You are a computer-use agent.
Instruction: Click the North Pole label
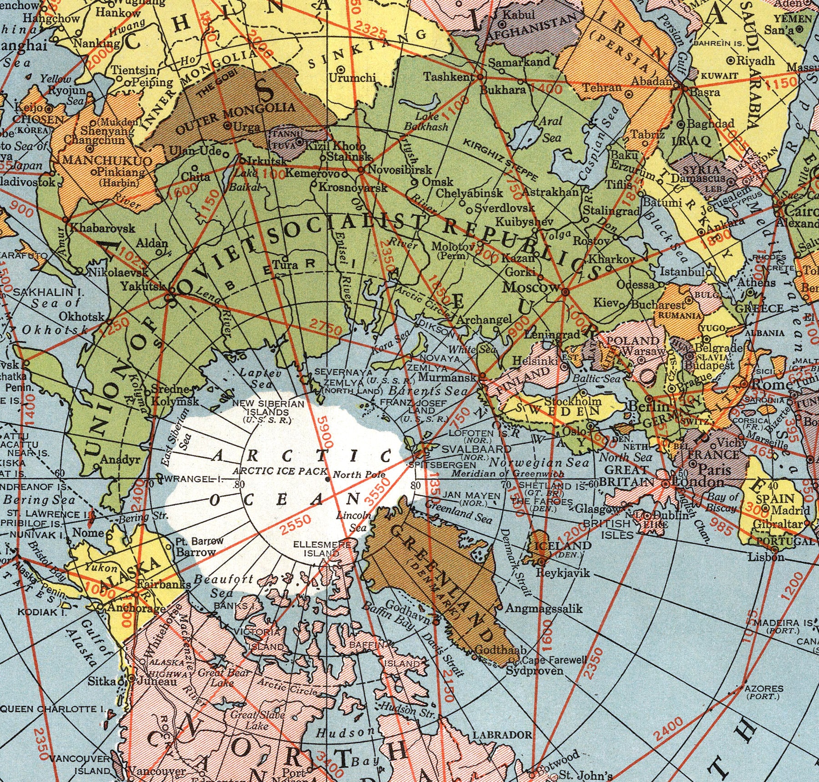coord(359,475)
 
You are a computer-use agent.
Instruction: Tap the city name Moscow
coord(531,288)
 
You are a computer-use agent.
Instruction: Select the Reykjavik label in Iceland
coord(563,573)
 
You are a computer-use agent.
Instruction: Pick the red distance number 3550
coord(377,493)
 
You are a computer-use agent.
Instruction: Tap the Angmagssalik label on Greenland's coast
coord(544,608)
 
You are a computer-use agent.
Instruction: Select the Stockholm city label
coord(573,401)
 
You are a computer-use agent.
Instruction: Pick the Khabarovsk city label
coord(102,227)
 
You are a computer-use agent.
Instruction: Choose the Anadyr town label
coord(120,459)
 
